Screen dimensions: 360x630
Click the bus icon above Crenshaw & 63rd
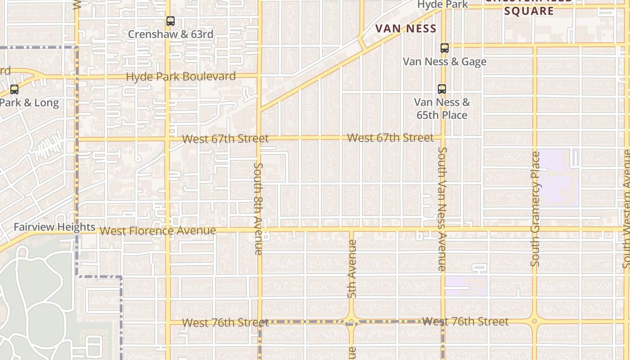coord(170,21)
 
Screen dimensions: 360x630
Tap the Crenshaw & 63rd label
coord(171,34)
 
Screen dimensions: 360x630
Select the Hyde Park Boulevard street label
coord(180,76)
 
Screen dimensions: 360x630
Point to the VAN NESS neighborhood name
coord(406,29)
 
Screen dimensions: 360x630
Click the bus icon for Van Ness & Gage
coord(445,48)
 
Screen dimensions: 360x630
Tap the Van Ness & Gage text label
coord(445,62)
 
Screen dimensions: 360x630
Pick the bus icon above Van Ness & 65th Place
coord(442,89)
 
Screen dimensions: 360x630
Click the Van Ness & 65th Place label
coord(442,109)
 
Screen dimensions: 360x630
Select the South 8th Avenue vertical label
coord(258,209)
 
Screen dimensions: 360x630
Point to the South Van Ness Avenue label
coord(442,209)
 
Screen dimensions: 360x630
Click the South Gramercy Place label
coord(535,209)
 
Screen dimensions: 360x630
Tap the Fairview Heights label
coord(54,227)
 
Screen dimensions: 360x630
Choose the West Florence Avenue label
coord(157,231)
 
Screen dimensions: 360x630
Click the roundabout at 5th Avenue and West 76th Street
coord(351,321)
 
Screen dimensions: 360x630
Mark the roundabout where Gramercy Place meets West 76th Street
coord(534,321)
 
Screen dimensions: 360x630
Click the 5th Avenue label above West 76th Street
coord(352,269)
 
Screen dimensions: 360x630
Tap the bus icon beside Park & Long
coord(14,90)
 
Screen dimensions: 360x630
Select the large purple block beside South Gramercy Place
coord(557,178)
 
